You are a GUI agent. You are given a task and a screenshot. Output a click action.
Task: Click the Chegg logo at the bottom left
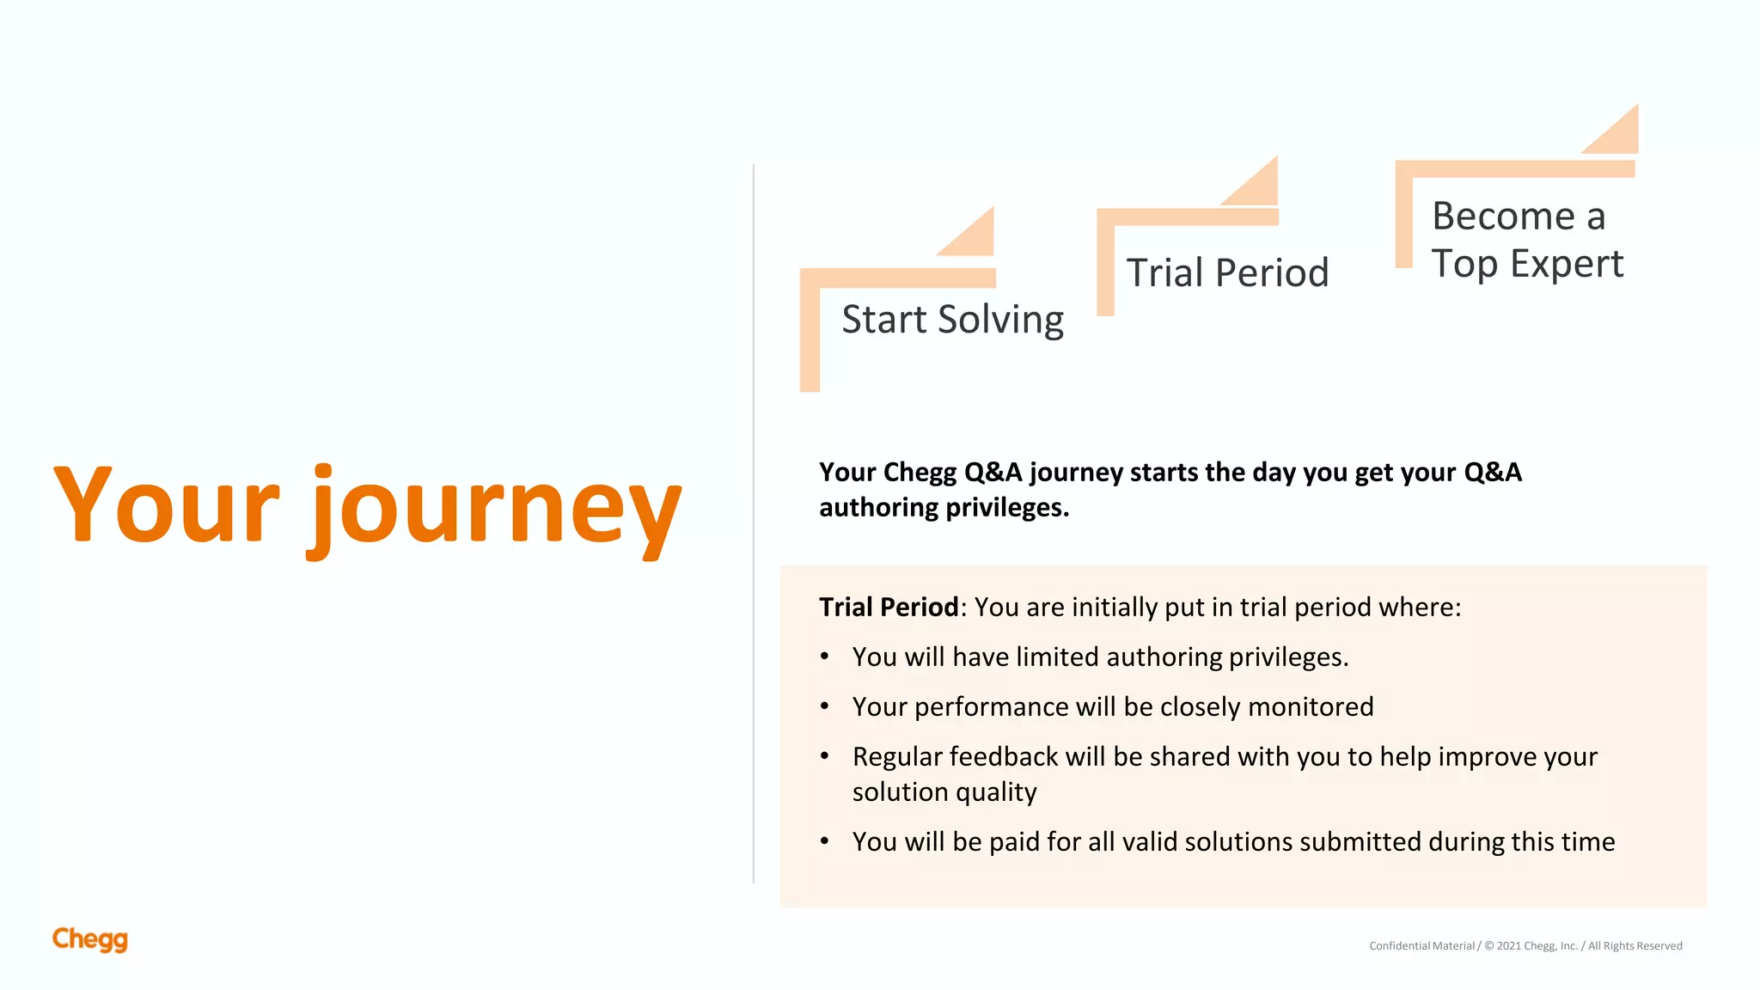point(89,939)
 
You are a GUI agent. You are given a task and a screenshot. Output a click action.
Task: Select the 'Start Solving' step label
point(952,320)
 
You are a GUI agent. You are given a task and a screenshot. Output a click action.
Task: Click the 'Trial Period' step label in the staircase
point(1227,273)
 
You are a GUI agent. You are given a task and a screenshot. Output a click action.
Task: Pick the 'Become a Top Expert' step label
point(1526,240)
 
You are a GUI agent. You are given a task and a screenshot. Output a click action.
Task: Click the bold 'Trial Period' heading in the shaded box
point(889,608)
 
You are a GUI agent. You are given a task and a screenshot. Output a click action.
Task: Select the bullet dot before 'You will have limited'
point(825,657)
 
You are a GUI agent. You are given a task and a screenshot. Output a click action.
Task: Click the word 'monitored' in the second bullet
point(1311,707)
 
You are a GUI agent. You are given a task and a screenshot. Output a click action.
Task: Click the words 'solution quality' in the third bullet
point(944,792)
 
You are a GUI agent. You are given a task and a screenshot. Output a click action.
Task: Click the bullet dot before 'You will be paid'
point(825,841)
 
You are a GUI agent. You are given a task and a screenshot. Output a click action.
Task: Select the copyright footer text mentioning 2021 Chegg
point(1525,946)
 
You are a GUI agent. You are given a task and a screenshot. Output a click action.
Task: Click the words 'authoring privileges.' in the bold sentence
point(944,508)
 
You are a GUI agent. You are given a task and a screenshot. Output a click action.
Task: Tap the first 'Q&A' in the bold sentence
point(993,473)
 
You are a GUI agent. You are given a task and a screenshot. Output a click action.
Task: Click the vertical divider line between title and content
point(754,524)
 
